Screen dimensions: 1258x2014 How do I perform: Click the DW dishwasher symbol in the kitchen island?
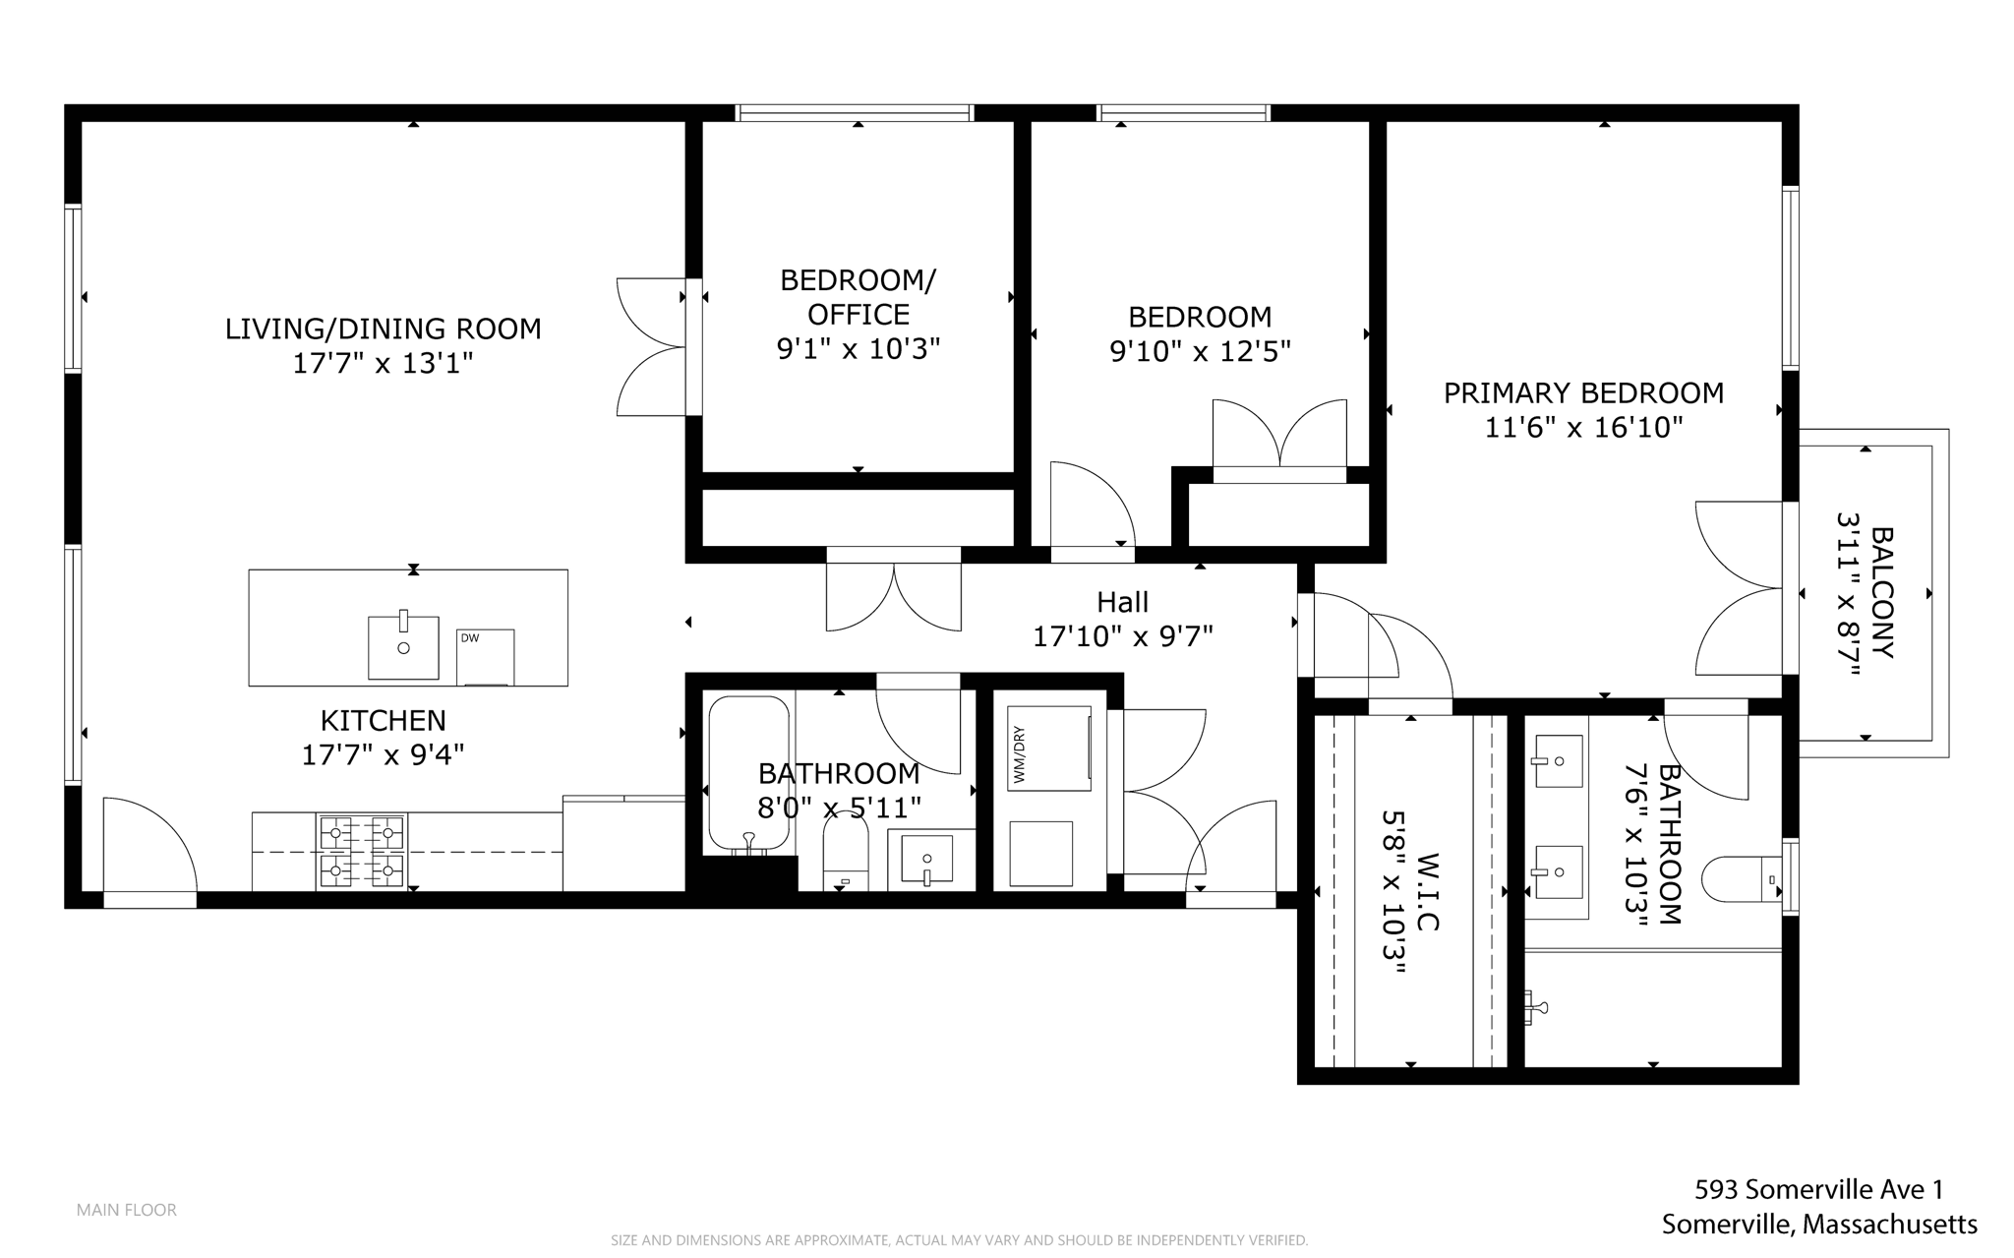pos(485,656)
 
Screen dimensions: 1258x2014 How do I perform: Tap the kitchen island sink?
pos(403,647)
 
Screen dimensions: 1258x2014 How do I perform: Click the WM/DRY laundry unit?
pos(1048,748)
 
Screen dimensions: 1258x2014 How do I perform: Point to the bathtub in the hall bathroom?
pos(748,773)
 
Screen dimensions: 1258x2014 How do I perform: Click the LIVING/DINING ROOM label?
pos(383,329)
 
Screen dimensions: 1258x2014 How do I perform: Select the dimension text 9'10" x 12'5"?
pos(1200,351)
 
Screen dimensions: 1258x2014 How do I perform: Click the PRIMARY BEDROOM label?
pos(1583,393)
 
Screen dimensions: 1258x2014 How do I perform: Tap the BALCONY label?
pos(1881,592)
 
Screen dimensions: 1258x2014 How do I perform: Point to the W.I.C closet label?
pos(1426,891)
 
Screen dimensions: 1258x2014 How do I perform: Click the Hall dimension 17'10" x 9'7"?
pos(1122,637)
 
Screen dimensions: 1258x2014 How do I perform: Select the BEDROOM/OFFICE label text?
pos(858,297)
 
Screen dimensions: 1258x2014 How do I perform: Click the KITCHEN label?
pos(383,720)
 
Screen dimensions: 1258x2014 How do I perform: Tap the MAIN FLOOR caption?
pos(126,1210)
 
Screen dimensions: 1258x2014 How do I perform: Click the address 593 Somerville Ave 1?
pos(1818,1189)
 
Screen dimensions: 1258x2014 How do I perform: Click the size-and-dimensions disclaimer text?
pos(959,1240)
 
